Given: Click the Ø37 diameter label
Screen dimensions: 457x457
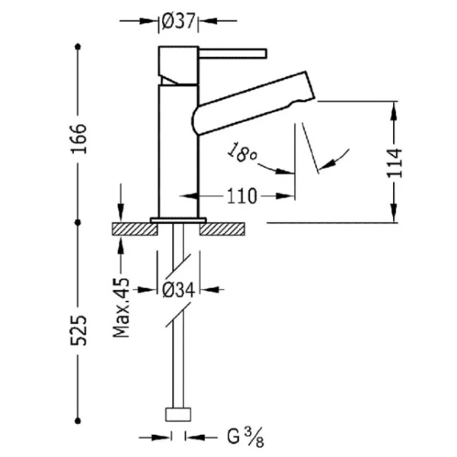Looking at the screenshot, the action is point(178,21).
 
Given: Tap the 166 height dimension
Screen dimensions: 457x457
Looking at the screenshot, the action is point(78,139).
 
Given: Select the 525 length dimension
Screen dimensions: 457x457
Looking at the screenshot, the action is point(78,331).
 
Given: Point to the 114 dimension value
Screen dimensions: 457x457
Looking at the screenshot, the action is point(394,163).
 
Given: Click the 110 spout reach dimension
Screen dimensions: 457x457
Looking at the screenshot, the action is point(242,197).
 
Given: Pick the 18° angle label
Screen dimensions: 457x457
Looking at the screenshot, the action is point(242,152).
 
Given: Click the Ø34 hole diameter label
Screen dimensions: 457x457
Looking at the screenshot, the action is point(178,290).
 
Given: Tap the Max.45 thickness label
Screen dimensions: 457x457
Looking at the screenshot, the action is point(121,308).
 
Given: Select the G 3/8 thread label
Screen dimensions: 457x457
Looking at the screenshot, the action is point(245,437).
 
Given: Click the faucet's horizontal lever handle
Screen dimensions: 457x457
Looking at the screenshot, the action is point(232,54).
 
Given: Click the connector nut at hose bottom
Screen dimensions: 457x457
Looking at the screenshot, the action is point(178,415).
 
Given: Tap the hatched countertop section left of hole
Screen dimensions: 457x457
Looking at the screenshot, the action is point(135,229).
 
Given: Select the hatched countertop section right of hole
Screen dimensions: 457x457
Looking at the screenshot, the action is point(222,229).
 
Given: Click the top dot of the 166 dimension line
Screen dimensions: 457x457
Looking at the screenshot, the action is point(78,46).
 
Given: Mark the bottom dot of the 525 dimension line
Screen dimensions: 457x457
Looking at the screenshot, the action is point(78,421).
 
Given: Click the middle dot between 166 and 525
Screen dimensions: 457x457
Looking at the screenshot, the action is point(78,222).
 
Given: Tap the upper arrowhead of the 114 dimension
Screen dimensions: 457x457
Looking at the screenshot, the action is point(394,111).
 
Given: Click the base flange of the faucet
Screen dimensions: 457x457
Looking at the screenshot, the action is point(178,220).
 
